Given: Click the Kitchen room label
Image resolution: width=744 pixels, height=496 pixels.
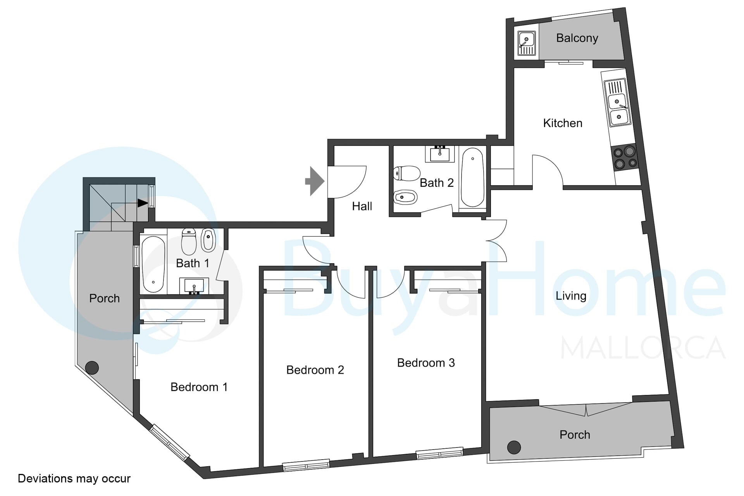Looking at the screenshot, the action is (x=563, y=123).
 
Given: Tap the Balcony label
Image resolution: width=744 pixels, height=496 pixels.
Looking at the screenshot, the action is (x=577, y=38).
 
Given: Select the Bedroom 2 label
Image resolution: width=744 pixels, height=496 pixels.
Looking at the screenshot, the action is (x=315, y=370).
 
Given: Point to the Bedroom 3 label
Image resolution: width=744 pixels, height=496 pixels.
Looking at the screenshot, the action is (x=426, y=363).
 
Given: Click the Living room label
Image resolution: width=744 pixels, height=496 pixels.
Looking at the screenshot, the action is (x=571, y=296).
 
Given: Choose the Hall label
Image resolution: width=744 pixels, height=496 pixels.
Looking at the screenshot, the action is (x=362, y=206).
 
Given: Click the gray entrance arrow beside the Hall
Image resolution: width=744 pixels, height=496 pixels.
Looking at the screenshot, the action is (x=315, y=181).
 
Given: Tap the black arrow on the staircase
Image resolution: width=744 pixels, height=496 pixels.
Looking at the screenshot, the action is (x=143, y=203).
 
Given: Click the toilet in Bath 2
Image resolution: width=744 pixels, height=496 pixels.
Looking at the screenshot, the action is (x=407, y=173).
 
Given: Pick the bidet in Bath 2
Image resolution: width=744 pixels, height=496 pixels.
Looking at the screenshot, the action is (x=405, y=197).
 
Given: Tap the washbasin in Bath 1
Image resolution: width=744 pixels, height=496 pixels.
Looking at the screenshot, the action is (x=194, y=286).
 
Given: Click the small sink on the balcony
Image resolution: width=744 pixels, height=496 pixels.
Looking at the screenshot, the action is (x=527, y=43).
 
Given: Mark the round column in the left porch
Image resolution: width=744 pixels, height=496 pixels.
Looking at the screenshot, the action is (x=92, y=367).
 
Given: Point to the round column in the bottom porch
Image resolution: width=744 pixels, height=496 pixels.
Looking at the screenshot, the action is (x=514, y=447).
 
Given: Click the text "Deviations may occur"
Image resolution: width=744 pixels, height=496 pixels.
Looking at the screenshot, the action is (x=74, y=479).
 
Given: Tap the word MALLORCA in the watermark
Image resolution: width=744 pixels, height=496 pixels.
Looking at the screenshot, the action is (x=643, y=348).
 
